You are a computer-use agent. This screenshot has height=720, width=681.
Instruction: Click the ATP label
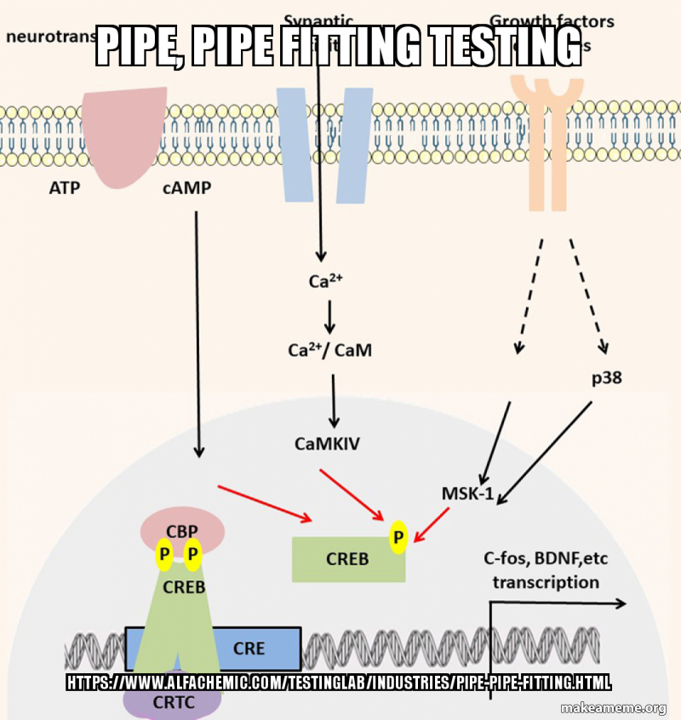64,188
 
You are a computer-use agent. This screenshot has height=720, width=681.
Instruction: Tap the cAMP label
186,188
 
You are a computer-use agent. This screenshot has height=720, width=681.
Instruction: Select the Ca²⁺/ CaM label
329,349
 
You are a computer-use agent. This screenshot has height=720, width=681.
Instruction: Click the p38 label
606,377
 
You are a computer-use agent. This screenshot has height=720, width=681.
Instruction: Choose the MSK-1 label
467,493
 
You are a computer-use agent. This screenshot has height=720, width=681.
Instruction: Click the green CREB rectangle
347,559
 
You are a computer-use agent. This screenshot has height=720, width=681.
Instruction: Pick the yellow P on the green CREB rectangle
398,537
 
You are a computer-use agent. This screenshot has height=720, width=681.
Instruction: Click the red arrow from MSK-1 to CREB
432,524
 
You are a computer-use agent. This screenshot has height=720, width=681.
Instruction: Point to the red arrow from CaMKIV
351,494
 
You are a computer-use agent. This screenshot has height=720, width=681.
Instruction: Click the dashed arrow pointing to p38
588,294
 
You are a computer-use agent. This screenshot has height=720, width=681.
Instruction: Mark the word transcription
546,582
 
